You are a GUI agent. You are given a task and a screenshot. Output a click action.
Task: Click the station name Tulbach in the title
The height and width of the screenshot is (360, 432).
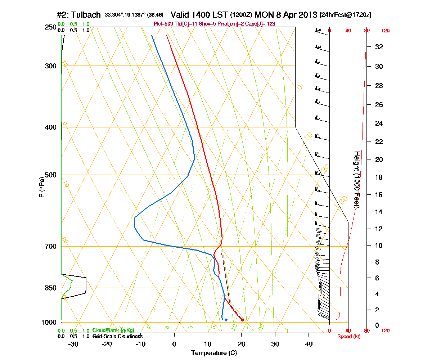click(86, 15)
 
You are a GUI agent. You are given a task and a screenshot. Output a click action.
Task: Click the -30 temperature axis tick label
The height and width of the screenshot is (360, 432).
click(73, 344)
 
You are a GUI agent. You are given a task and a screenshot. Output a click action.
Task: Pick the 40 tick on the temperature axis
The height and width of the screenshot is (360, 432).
click(309, 344)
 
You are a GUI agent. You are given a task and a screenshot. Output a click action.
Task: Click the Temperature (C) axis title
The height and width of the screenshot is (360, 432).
click(214, 353)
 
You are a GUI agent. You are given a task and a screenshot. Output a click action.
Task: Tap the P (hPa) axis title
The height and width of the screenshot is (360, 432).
click(42, 187)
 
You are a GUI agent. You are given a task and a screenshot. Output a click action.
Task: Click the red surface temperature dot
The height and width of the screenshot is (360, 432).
click(243, 320)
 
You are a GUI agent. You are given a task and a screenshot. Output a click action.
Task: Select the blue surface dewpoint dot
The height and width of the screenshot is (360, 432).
click(226, 320)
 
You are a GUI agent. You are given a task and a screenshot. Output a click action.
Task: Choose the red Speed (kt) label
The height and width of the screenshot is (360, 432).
click(349, 337)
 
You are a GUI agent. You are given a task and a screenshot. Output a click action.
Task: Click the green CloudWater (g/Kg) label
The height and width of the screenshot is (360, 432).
click(113, 330)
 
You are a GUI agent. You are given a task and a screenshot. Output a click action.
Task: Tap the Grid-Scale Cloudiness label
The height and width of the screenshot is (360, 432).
click(117, 336)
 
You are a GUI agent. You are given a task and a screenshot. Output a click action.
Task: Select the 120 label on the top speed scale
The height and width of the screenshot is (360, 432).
click(385, 31)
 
